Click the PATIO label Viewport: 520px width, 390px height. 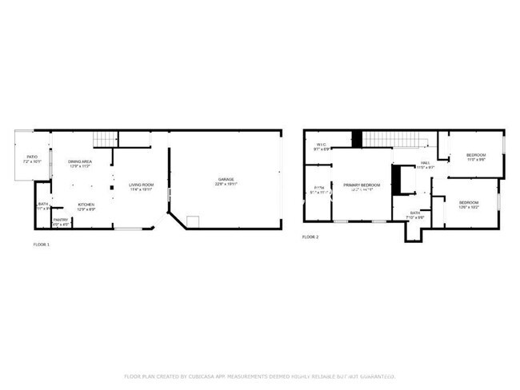pyautogui.click(x=32, y=157)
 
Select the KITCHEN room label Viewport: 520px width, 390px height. pyautogui.click(x=86, y=205)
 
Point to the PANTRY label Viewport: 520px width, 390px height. pyautogui.click(x=61, y=220)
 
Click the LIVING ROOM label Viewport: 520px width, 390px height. pyautogui.click(x=142, y=185)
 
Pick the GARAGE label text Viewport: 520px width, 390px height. pyautogui.click(x=226, y=179)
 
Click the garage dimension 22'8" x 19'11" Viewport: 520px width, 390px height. pyautogui.click(x=226, y=185)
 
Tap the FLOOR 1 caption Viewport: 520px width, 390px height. pyautogui.click(x=41, y=244)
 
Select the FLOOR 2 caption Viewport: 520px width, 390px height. pyautogui.click(x=310, y=237)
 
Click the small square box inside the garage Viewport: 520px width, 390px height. pyautogui.click(x=192, y=221)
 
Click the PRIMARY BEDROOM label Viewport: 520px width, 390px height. pyautogui.click(x=362, y=185)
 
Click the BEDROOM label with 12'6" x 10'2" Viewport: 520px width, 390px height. pyautogui.click(x=468, y=202)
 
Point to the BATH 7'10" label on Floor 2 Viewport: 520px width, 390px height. pyautogui.click(x=415, y=213)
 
